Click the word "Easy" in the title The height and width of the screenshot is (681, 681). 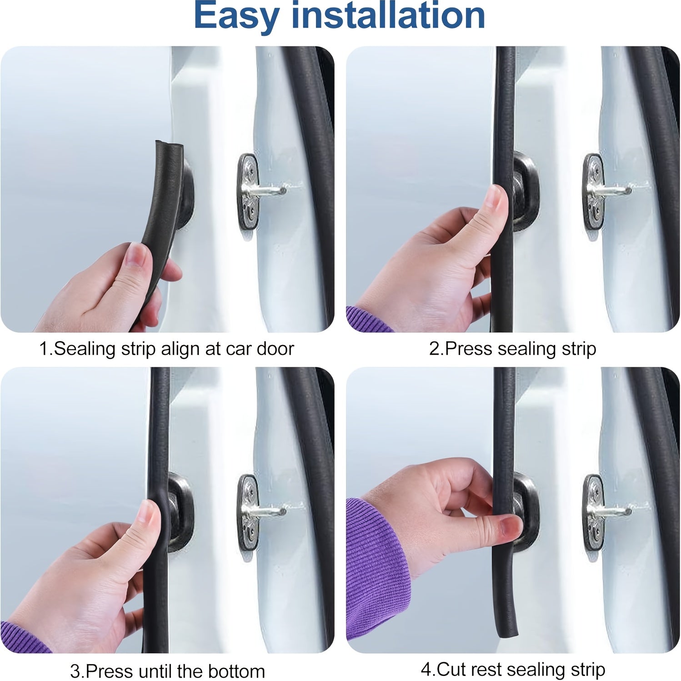(236, 16)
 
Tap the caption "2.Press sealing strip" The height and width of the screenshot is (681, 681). (512, 349)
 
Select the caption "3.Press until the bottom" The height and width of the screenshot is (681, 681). (167, 671)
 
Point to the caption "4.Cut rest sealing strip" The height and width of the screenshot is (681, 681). (513, 669)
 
